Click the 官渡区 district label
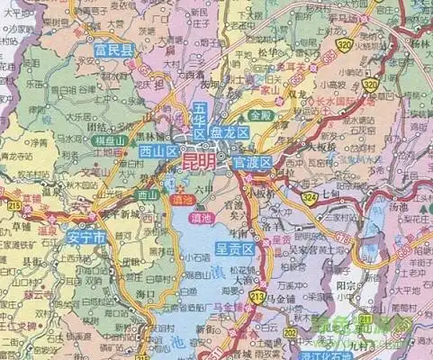253,162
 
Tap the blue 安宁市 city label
86,238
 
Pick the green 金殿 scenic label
261,116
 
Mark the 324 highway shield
310,195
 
